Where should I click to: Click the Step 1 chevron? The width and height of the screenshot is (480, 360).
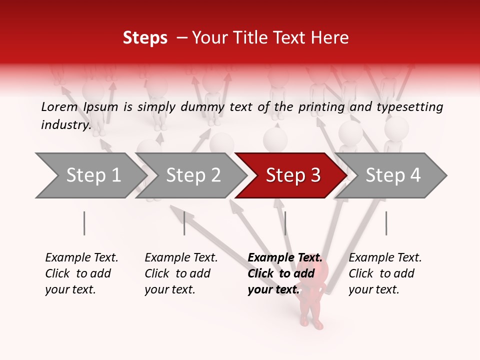coord(90,175)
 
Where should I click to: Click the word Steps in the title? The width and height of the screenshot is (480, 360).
coord(145,38)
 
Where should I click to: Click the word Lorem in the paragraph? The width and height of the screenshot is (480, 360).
coord(59,106)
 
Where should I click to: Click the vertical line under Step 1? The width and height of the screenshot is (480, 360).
coord(84,223)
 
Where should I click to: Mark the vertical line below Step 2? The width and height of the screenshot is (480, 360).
coord(184,223)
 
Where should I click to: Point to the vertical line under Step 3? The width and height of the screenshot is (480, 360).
coord(285,223)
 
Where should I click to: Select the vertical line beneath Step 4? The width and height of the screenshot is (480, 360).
coord(386,223)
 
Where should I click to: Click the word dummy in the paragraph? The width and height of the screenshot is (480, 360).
coord(204,106)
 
